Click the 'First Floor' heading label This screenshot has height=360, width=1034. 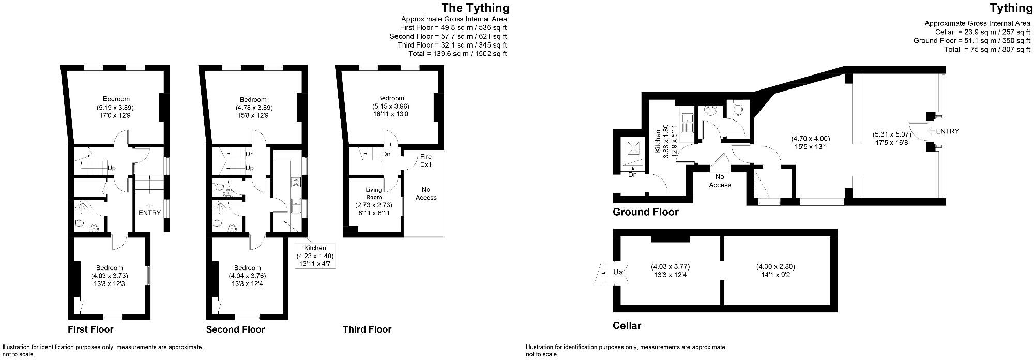pos(90,329)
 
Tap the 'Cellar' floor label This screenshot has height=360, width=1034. pos(627,326)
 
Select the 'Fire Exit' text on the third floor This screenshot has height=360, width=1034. pos(425,160)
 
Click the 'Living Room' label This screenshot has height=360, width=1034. pos(374,193)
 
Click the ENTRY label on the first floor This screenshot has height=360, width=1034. pos(150,213)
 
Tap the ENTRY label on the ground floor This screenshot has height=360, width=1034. pos(947,131)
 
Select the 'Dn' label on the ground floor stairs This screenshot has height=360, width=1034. pos(632,175)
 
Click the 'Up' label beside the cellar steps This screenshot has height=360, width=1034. pos(617,272)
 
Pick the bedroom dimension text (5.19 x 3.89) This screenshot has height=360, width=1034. pos(116,108)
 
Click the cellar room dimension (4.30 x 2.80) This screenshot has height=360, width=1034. pos(775,267)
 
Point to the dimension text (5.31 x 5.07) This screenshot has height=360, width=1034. pos(892,134)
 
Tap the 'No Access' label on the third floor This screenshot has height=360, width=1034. pos(426,193)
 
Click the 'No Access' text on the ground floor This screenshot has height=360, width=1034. pos(720,181)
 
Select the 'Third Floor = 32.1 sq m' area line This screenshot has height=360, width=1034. pos(452,45)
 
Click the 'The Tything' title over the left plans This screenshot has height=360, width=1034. pos(475,8)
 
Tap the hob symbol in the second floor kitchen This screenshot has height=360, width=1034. pos(297,182)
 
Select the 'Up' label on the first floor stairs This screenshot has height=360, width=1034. pos(111,168)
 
